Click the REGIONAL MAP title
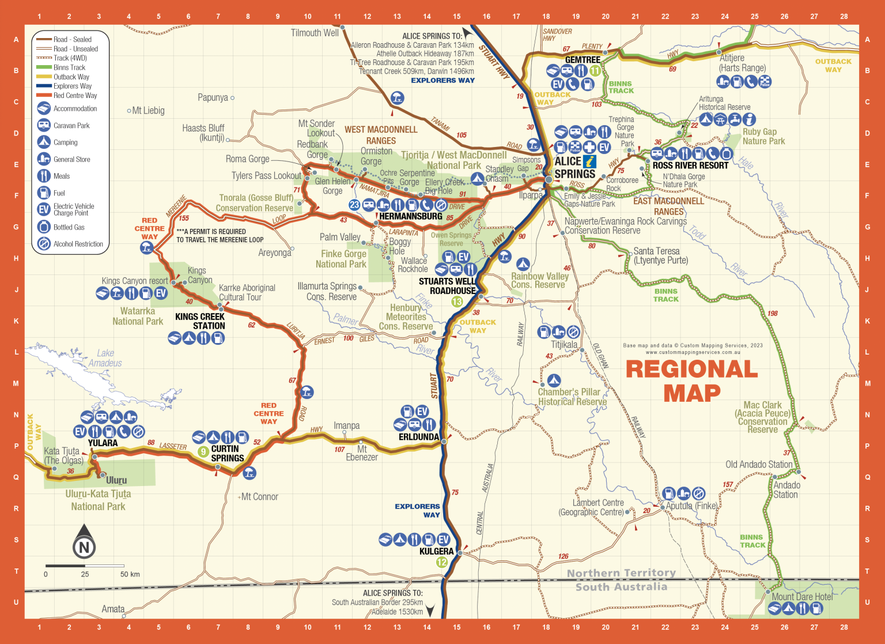pyautogui.click(x=691, y=381)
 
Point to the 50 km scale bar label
pyautogui.click(x=130, y=574)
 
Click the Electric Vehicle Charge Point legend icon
pyautogui.click(x=44, y=209)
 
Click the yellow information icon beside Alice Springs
pyautogui.click(x=589, y=161)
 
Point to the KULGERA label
pyautogui.click(x=437, y=551)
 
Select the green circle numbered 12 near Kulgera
pyautogui.click(x=442, y=562)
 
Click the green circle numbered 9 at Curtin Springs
pyautogui.click(x=203, y=452)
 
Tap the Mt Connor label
pyautogui.click(x=259, y=496)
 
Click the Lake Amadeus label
pyautogui.click(x=105, y=358)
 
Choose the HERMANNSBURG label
pyautogui.click(x=410, y=216)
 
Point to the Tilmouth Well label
pyautogui.click(x=315, y=33)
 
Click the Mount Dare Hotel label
pyautogui.click(x=802, y=597)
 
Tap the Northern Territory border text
pyautogui.click(x=621, y=573)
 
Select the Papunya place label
pyautogui.click(x=213, y=97)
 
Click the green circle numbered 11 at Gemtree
pyautogui.click(x=595, y=71)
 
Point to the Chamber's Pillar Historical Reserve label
pyautogui.click(x=572, y=397)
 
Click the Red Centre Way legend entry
pyautogui.click(x=75, y=95)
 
